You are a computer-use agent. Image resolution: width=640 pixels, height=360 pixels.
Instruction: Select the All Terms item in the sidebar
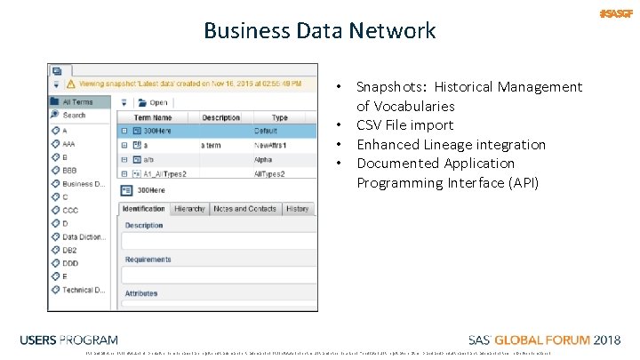(x=77, y=102)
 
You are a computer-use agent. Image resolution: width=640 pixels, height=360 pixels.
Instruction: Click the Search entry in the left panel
(x=74, y=115)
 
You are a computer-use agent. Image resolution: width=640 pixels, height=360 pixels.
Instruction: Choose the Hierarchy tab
(x=189, y=209)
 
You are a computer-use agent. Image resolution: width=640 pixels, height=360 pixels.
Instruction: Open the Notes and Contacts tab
(x=244, y=209)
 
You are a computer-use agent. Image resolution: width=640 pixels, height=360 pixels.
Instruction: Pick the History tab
(x=298, y=209)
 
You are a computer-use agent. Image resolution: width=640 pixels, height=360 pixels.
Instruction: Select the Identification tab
(x=143, y=209)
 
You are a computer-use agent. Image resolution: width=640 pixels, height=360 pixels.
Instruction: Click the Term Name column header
(x=153, y=117)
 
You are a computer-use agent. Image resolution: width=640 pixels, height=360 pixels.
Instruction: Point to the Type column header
(x=280, y=117)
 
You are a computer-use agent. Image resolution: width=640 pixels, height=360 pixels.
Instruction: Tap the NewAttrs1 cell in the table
(x=273, y=145)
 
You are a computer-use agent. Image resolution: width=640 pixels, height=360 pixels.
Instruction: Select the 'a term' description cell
(x=211, y=145)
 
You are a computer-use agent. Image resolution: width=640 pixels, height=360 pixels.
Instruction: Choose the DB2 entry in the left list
(x=70, y=251)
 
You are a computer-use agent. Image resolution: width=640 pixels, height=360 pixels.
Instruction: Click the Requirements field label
(x=148, y=260)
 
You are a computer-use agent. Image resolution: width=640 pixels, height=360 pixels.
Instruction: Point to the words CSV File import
(x=404, y=125)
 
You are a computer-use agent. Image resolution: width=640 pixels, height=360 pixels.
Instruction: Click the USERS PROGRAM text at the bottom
(x=68, y=340)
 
